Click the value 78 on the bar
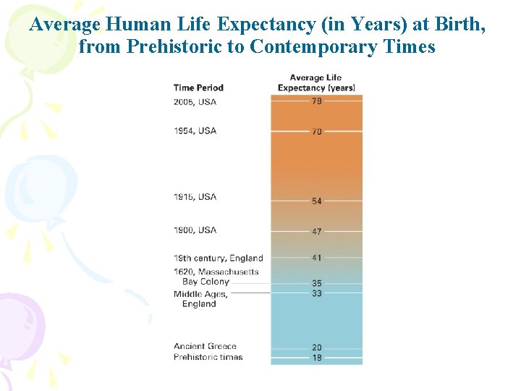(317, 101)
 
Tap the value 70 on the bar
(317, 131)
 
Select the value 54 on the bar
(317, 201)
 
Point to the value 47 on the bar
(317, 231)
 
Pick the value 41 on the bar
(317, 257)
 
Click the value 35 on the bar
(317, 283)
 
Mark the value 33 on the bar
(317, 293)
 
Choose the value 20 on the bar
(317, 348)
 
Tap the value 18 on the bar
(317, 358)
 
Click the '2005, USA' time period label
(195, 102)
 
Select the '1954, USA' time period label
(195, 131)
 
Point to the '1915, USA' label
(195, 197)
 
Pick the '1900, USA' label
(195, 230)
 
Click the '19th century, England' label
(218, 258)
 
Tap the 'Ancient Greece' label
(205, 346)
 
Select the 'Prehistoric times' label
(208, 357)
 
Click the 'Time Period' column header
(198, 88)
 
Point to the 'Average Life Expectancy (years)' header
(316, 83)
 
